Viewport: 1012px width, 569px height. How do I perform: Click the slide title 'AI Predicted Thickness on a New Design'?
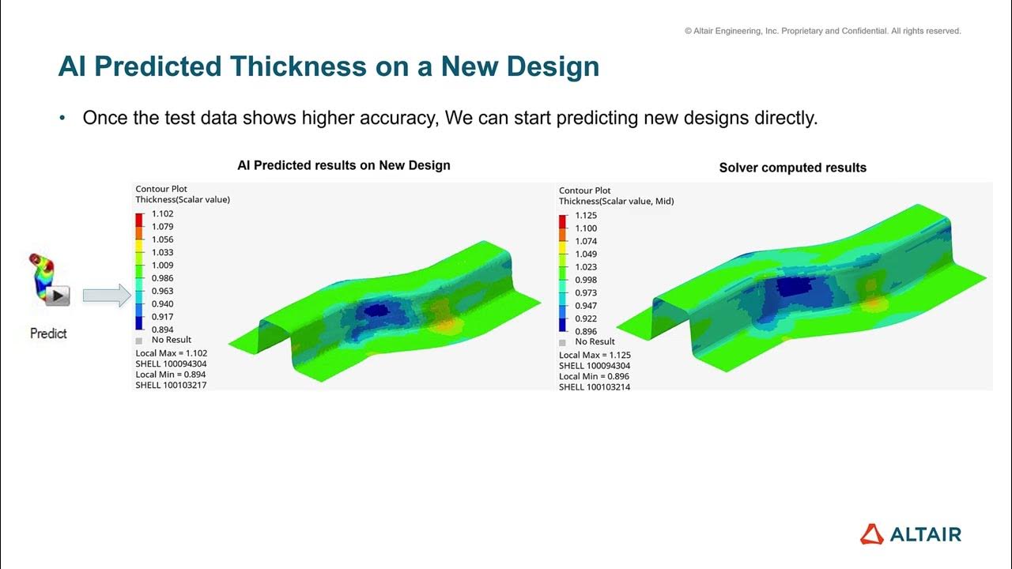point(328,67)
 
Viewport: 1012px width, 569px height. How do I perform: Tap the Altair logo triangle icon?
point(871,534)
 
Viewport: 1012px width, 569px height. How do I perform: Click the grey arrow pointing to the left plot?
point(106,296)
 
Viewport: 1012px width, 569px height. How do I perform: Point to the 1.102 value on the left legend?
point(162,213)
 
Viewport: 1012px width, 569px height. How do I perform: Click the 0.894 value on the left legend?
point(162,330)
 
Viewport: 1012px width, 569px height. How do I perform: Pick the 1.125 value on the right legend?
point(586,216)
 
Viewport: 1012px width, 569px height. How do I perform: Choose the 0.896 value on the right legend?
point(586,332)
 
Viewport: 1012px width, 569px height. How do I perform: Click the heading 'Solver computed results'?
point(792,168)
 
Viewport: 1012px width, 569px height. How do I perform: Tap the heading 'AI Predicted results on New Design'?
point(344,165)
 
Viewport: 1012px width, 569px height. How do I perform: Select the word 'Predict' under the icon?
point(48,333)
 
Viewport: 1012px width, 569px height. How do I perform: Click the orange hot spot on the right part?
point(872,303)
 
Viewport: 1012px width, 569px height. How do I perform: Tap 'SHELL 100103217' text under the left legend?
point(171,385)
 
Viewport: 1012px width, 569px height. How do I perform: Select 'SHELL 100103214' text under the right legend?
point(595,387)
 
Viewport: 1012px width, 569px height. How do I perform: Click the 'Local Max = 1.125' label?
point(595,355)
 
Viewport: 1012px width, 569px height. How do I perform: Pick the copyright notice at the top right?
point(822,32)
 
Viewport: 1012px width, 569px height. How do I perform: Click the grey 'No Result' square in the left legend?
point(140,340)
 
